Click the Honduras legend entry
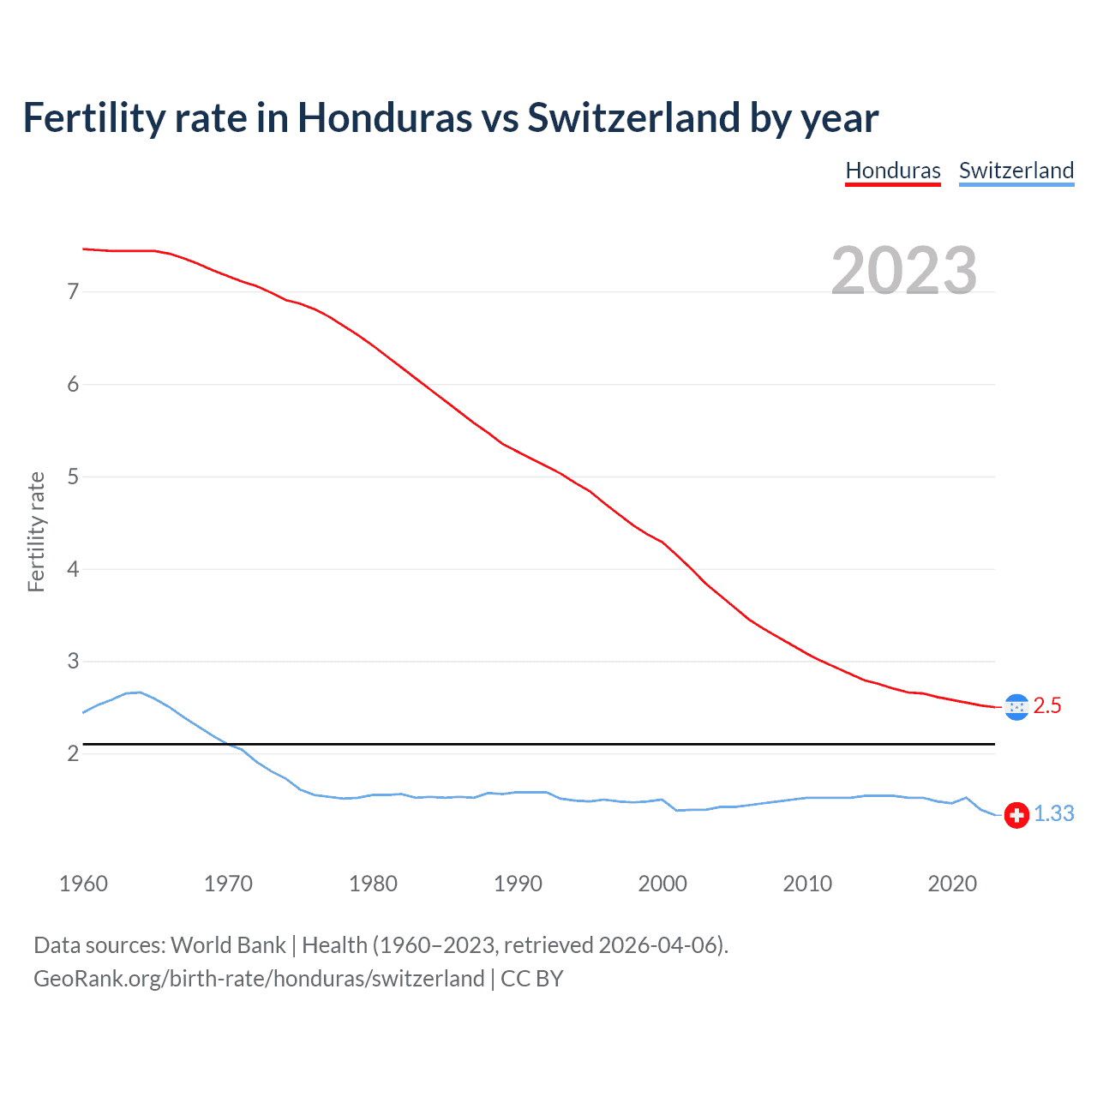pos(893,171)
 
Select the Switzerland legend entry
pos(1016,171)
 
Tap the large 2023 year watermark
pos(904,271)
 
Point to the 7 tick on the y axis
pos(73,292)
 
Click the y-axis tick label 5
pos(73,477)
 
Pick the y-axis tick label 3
pos(73,662)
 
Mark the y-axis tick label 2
pos(73,754)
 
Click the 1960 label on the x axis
pos(83,884)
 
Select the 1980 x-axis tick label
pos(373,884)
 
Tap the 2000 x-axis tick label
pos(662,884)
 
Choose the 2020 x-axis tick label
pos(952,884)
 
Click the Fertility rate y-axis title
pos(36,531)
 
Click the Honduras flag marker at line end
pos(1016,707)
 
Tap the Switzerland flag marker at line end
pos(1016,815)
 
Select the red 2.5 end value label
pos(1047,706)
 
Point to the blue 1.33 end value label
pos(1053,814)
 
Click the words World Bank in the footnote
pos(228,945)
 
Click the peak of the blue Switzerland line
pos(140,692)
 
